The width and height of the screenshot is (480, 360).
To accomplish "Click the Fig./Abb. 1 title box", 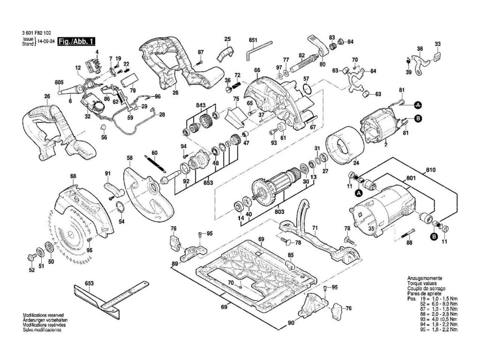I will [x=73, y=42].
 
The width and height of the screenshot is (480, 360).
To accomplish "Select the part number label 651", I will [x=254, y=41].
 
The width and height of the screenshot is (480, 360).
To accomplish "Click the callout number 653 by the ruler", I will [x=90, y=283].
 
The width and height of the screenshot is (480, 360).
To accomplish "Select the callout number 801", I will [x=411, y=178].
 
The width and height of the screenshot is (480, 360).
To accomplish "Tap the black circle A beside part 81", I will [x=417, y=105].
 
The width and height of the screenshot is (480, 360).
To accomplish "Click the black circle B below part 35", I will [x=434, y=237].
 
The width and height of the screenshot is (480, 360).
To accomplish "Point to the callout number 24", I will [x=355, y=164].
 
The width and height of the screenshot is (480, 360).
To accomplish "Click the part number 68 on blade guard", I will [x=73, y=176].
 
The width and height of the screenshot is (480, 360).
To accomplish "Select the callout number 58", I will [x=130, y=158].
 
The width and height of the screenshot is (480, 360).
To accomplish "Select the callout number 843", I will [x=201, y=105].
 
